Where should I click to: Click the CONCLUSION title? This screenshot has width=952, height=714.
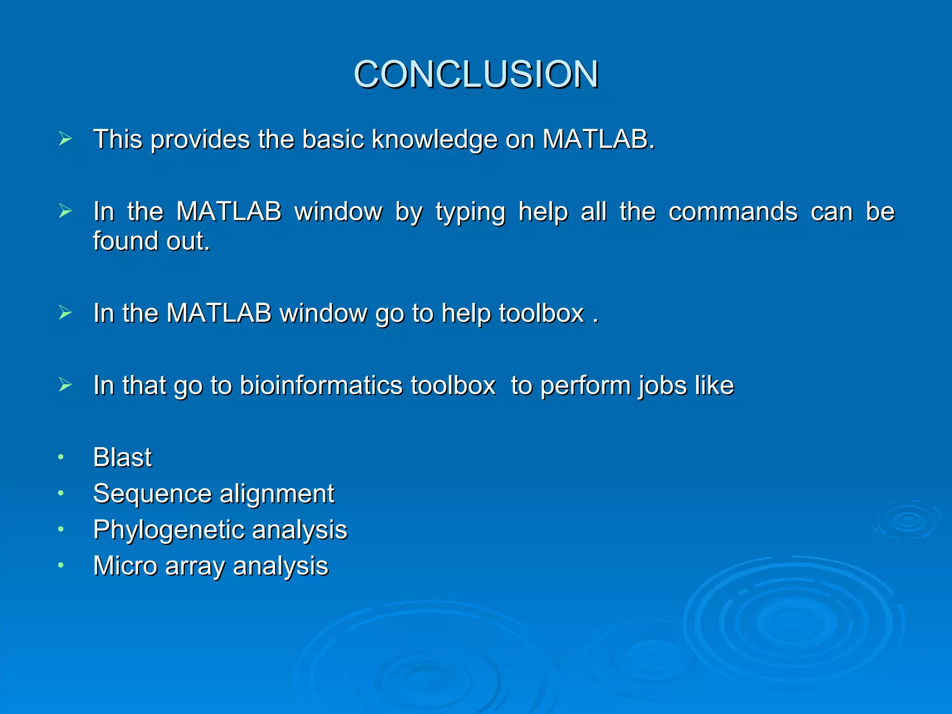tap(476, 74)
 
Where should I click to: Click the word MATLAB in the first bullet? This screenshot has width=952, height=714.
tap(598, 139)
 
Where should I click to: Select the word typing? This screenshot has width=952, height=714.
tap(470, 212)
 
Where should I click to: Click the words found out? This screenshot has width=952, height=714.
tap(151, 241)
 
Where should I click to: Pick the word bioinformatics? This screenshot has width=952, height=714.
tap(321, 385)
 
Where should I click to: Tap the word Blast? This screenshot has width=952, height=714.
tap(122, 457)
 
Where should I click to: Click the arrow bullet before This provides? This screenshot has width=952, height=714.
tap(65, 139)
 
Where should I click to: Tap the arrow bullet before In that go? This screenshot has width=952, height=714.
tap(65, 385)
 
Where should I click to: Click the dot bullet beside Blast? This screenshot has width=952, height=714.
tap(60, 457)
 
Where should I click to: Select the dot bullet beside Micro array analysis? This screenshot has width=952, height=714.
tap(60, 566)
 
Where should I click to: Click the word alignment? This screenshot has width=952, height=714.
tap(277, 494)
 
